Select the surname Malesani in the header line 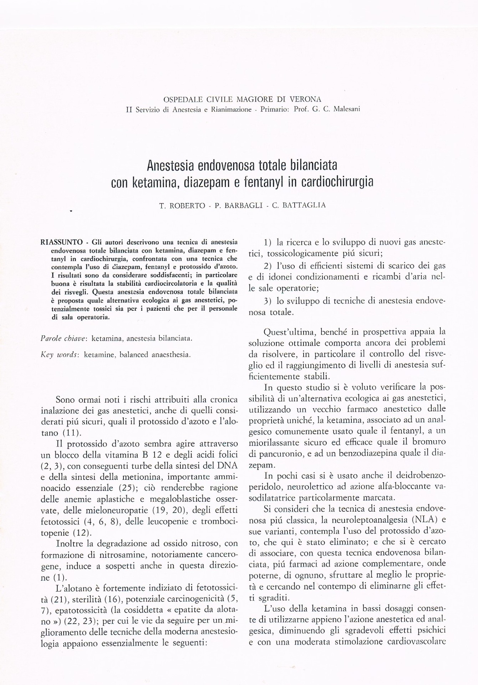point(346,109)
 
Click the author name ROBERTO point(187,205)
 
